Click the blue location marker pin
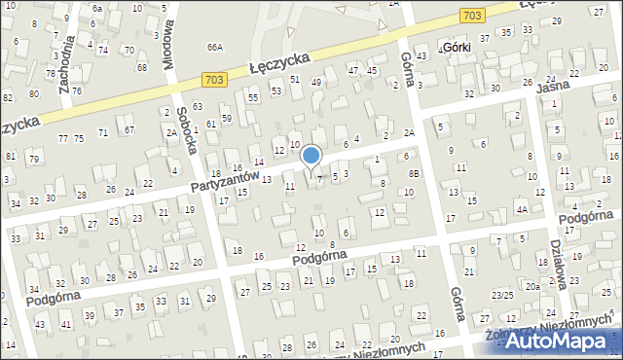311,156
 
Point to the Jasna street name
555,88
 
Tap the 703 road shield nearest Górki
472,15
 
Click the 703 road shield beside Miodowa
214,79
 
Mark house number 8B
415,173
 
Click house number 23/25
502,294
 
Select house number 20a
532,287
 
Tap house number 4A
522,209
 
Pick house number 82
7,98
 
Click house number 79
34,159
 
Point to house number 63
198,106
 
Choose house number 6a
96,8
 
